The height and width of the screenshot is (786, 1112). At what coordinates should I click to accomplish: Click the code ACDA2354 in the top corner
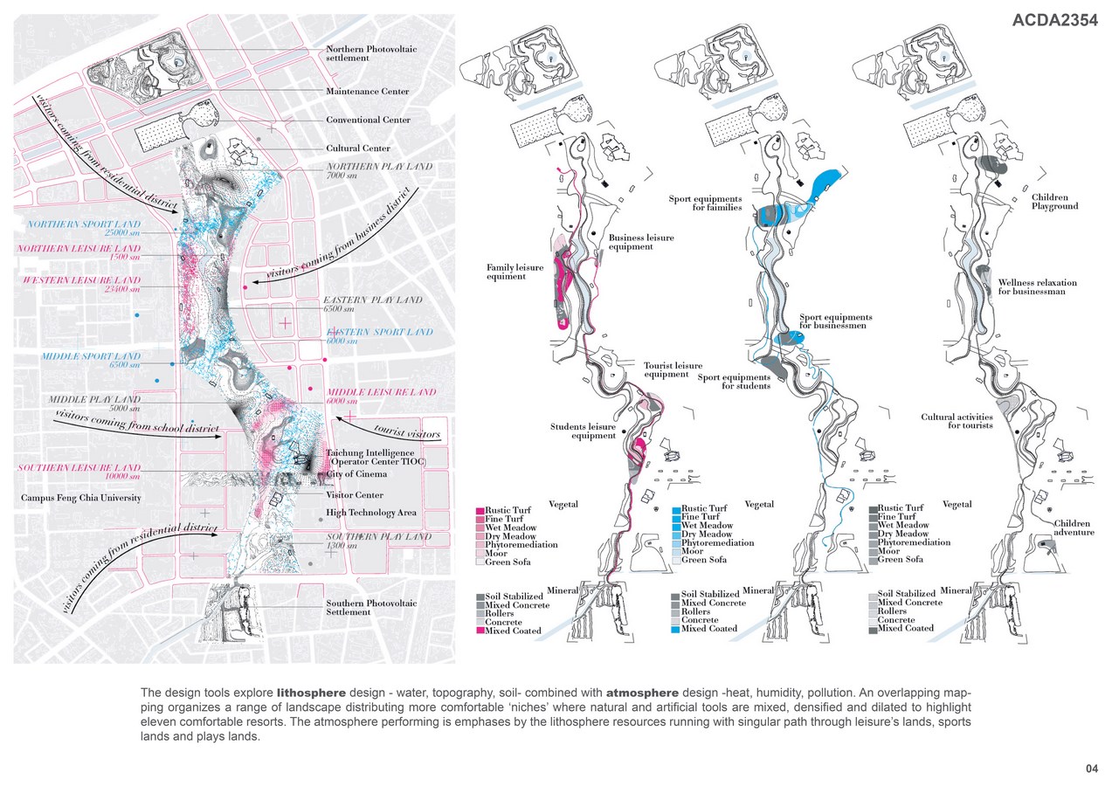pos(1054,22)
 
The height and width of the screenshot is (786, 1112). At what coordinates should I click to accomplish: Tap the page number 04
pos(1091,769)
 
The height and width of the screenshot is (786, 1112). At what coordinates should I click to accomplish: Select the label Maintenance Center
pos(368,91)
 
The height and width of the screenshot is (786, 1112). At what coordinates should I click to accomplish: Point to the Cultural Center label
pos(358,148)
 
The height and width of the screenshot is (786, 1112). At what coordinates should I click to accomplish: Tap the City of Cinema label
pos(356,474)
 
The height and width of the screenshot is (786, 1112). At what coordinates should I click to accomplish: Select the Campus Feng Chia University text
pos(81,498)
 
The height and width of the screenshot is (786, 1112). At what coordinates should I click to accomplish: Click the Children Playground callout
pos(1054,202)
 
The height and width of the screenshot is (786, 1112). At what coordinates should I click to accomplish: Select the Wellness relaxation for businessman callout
pos(1038,287)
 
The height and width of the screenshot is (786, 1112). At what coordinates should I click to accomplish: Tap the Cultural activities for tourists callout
pos(957,421)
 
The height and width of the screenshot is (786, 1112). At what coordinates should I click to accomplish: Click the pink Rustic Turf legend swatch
pos(480,509)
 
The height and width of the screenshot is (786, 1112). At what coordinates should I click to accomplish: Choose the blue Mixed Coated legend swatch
pos(675,629)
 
